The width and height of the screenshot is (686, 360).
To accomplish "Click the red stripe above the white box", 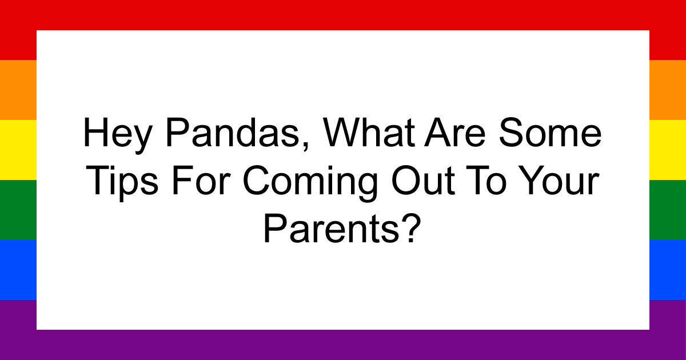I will point(343,15).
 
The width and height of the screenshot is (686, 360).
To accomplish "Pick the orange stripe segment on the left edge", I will point(18,90).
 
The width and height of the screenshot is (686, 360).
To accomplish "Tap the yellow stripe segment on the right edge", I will point(668,150).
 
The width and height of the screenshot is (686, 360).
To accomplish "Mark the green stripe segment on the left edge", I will point(18,210).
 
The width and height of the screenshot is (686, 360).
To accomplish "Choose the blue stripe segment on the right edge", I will point(668,270).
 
